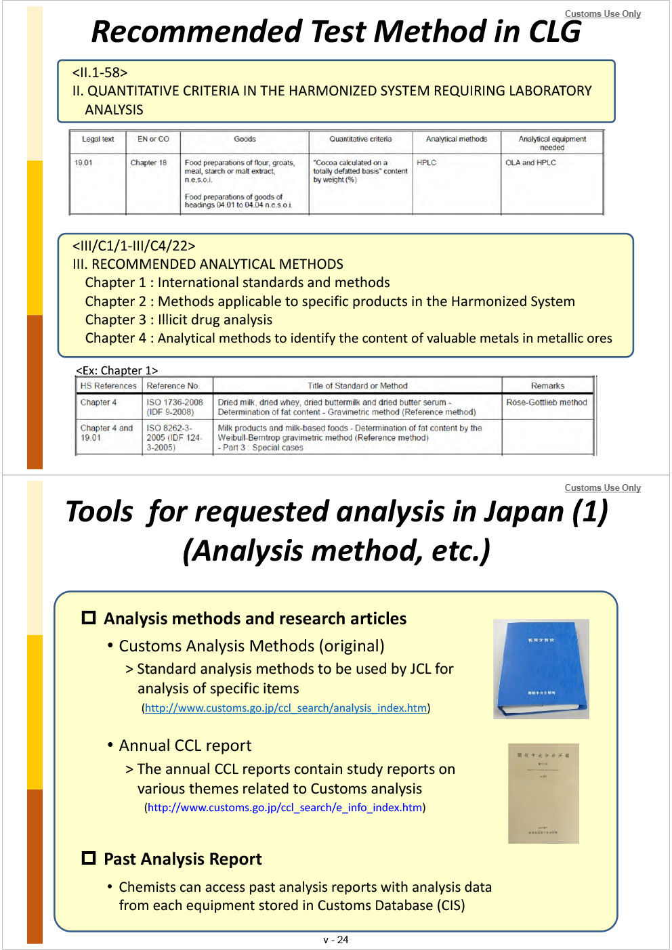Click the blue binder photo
(541, 668)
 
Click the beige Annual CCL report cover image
(543, 793)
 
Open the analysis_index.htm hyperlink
(286, 708)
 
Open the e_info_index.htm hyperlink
(285, 807)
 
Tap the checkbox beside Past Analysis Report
(89, 858)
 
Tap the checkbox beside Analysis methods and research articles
(89, 618)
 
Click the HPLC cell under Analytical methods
(427, 163)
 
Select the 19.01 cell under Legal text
(84, 163)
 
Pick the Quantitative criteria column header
(360, 139)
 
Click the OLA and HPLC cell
(530, 163)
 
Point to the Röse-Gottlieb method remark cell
(547, 402)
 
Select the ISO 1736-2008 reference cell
(175, 406)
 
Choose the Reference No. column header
(173, 386)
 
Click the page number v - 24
(336, 940)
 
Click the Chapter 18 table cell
(148, 163)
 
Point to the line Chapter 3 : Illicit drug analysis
(179, 320)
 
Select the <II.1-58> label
(100, 72)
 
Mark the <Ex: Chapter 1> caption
(117, 370)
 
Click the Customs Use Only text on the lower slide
(602, 488)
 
